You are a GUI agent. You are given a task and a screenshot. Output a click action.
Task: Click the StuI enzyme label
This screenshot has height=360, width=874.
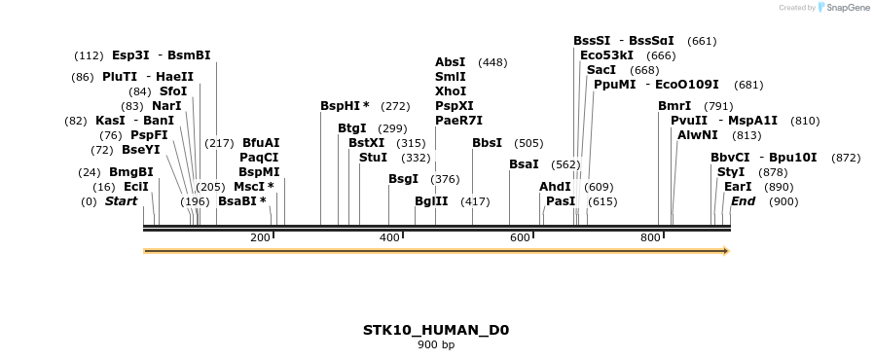click(373, 158)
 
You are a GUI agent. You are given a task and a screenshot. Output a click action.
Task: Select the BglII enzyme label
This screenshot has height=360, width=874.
click(431, 201)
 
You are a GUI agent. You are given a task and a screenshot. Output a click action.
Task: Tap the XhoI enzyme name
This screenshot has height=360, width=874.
click(450, 90)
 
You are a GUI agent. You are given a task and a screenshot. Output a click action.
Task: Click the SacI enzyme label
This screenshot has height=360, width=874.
click(601, 70)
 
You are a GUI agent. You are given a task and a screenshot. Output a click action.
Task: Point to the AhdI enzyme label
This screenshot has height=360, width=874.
click(555, 187)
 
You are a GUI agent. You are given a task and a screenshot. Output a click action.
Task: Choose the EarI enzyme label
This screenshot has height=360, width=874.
click(738, 187)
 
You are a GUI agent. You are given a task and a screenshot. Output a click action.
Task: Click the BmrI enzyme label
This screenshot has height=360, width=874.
click(674, 106)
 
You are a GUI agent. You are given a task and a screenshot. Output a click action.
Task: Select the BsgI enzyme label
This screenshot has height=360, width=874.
click(403, 179)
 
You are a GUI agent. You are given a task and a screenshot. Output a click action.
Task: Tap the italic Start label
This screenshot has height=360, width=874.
click(121, 201)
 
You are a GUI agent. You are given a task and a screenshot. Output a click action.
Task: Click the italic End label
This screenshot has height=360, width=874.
click(743, 201)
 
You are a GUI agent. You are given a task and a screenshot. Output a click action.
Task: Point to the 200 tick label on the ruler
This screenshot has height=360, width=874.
click(260, 238)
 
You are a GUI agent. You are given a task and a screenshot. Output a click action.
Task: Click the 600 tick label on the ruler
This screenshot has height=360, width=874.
click(520, 238)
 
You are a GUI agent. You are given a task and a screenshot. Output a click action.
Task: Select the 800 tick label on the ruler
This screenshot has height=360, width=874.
click(650, 238)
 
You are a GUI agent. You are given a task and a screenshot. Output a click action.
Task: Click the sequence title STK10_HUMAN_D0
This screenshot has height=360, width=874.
click(436, 330)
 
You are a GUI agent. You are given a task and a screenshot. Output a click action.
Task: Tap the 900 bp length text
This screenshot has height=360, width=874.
click(436, 344)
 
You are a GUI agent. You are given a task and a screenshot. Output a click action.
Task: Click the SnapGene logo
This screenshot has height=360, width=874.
click(843, 8)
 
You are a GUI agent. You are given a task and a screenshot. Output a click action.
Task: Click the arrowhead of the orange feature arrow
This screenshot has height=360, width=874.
click(724, 251)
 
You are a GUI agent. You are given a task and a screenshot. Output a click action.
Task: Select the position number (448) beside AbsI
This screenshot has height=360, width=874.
click(492, 62)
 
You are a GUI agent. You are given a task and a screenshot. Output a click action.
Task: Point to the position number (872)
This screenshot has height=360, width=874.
click(846, 158)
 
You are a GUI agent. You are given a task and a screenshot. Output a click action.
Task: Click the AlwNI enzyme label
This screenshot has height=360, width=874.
click(698, 135)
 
